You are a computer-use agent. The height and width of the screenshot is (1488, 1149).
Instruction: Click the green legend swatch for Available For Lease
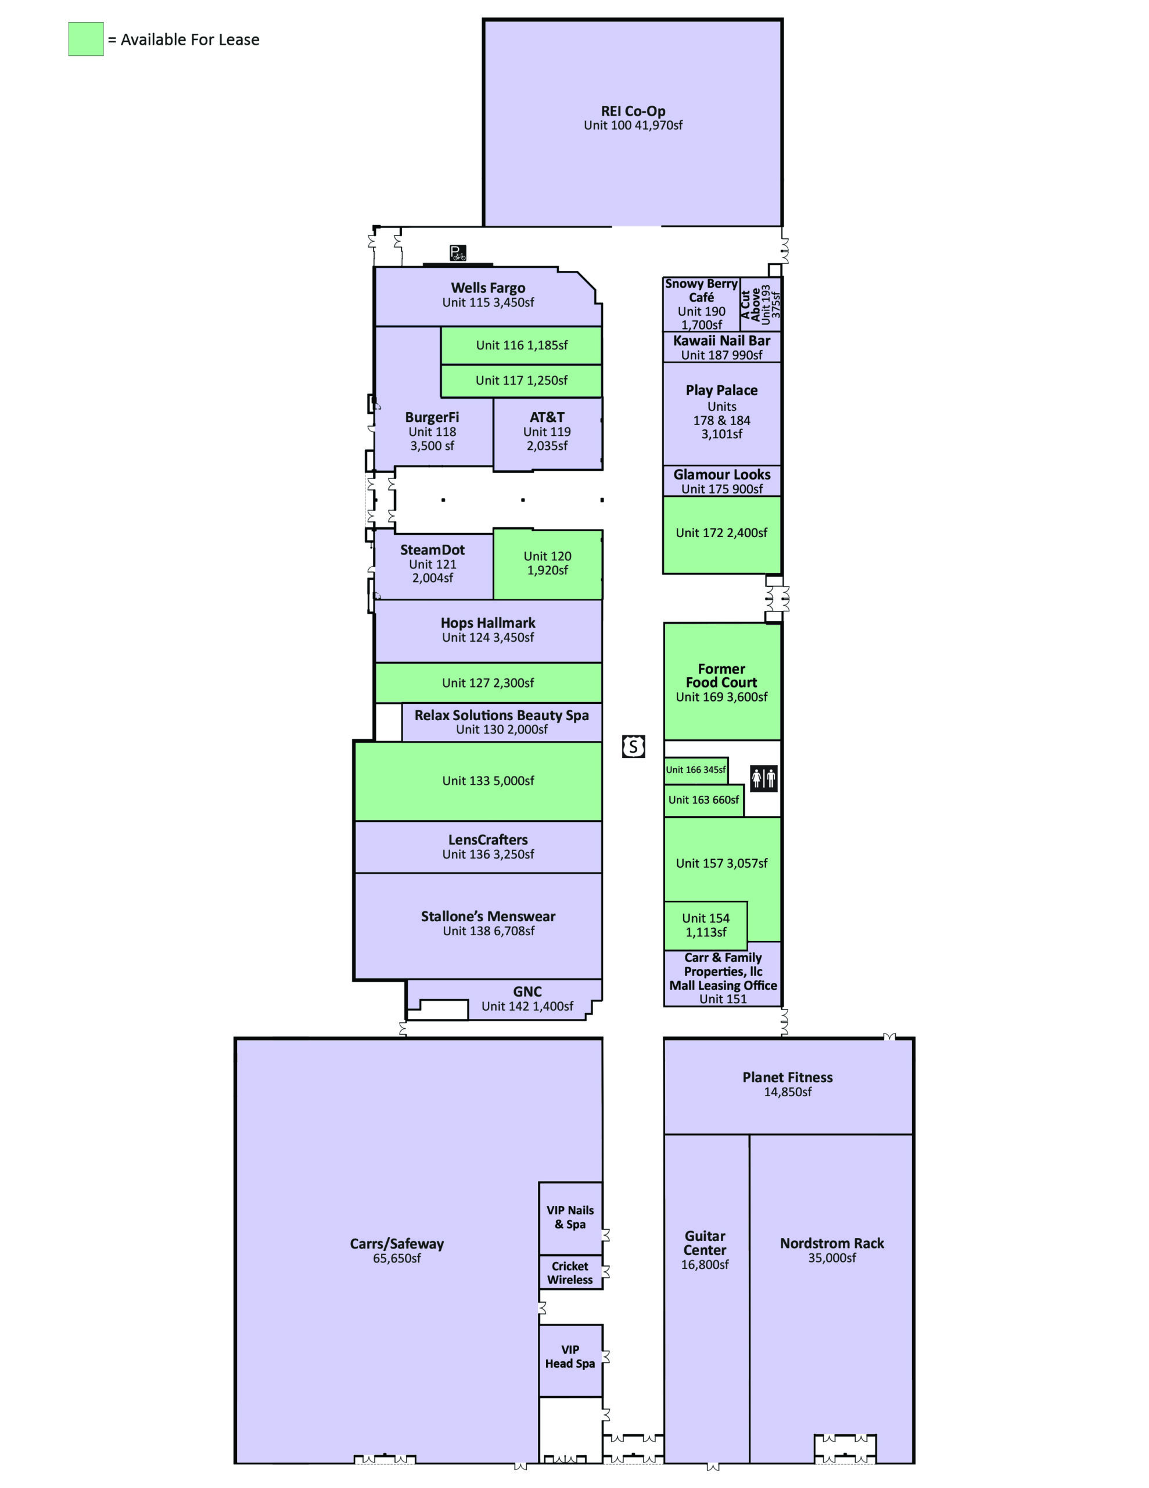[x=86, y=39]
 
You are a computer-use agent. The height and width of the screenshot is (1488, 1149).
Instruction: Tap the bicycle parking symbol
[x=458, y=253]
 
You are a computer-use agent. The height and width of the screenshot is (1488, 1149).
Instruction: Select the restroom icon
[x=763, y=777]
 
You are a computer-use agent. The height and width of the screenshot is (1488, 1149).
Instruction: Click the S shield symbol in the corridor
[x=633, y=747]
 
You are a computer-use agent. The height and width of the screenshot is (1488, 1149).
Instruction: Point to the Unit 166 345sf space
[x=695, y=770]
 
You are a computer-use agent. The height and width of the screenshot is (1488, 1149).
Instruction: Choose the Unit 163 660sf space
[x=703, y=800]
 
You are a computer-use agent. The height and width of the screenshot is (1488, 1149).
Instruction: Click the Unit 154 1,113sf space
[x=706, y=925]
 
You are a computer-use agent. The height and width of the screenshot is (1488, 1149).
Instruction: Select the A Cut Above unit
[x=760, y=305]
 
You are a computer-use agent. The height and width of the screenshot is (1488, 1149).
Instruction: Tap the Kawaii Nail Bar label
[x=722, y=341]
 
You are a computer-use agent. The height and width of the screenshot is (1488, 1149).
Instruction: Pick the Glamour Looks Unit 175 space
[x=722, y=481]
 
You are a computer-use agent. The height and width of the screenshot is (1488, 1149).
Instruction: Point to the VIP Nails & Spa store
[x=570, y=1218]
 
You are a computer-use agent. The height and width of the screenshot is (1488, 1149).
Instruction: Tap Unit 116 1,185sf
[x=521, y=345]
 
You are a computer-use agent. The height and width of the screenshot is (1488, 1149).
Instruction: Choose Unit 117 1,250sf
[x=521, y=381]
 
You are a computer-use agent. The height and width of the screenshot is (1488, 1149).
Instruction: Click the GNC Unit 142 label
[x=527, y=999]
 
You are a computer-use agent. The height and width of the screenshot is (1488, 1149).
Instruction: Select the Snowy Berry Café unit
[x=702, y=305]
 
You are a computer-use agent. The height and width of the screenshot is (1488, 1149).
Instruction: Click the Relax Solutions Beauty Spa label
[x=501, y=716]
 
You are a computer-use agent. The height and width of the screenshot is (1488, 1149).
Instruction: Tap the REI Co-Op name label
[x=633, y=111]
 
